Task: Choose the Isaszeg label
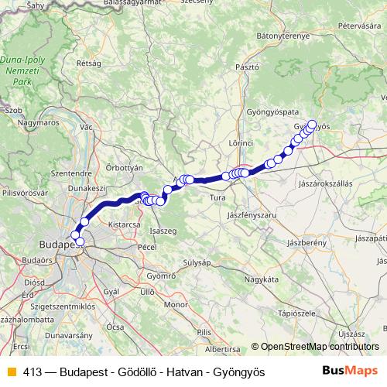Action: (163, 231)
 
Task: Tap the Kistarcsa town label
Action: (123, 224)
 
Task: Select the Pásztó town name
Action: (246, 67)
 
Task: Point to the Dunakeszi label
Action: (87, 187)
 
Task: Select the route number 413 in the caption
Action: (33, 372)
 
